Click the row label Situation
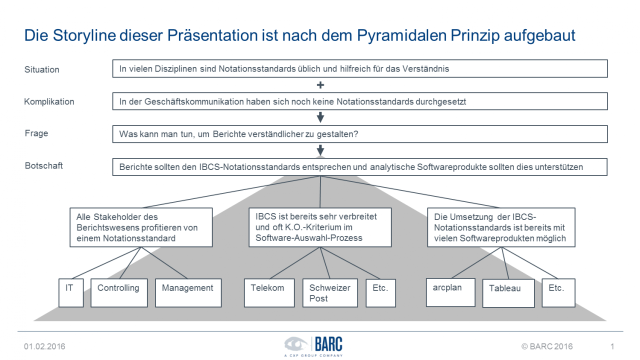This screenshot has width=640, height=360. (x=41, y=69)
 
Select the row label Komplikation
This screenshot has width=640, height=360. (x=49, y=101)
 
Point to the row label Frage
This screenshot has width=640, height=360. (x=36, y=133)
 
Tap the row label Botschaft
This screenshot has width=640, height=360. (x=43, y=165)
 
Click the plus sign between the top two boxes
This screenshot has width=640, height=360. (x=320, y=85)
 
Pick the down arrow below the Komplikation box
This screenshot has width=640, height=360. (x=320, y=117)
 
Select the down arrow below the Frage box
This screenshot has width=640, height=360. (x=320, y=150)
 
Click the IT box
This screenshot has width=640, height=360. (x=71, y=293)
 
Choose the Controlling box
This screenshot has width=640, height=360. (x=119, y=293)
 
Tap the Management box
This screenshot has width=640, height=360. (x=188, y=293)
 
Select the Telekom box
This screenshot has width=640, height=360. (x=269, y=293)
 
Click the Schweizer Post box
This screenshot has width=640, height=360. (x=330, y=293)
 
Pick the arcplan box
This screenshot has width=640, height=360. (x=450, y=292)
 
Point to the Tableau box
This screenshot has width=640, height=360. (x=508, y=293)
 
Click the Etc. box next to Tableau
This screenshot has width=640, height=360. (x=558, y=293)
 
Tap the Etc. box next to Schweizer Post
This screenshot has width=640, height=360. (x=381, y=293)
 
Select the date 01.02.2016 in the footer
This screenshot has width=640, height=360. (x=44, y=346)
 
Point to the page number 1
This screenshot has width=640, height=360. (x=612, y=346)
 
